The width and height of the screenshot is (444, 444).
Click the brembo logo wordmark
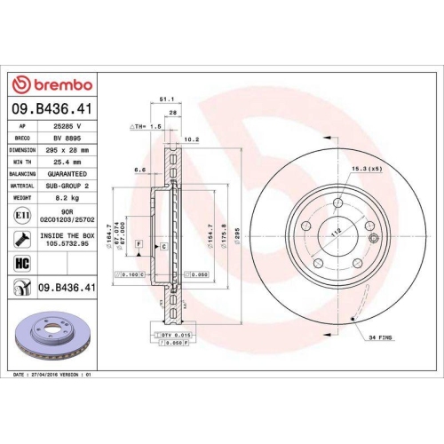51,84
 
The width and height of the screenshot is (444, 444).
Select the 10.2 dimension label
189,139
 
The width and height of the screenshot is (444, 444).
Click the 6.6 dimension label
139,169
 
